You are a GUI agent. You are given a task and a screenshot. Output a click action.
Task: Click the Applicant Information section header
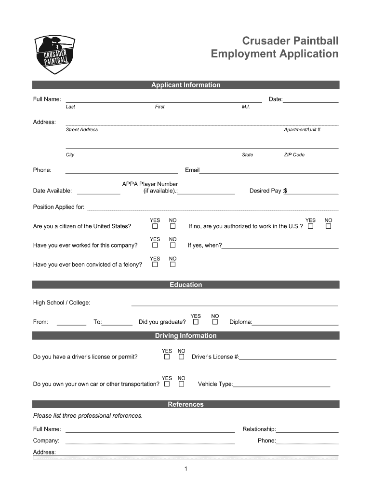click(185, 85)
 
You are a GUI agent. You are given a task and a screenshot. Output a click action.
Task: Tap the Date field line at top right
click(311, 102)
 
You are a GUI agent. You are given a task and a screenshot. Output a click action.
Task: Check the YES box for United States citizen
click(155, 226)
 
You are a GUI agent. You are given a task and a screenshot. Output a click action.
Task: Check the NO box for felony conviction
click(172, 264)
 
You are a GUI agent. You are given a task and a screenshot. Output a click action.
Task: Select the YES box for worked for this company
click(155, 245)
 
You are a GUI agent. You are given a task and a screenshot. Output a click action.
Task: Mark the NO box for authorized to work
click(329, 226)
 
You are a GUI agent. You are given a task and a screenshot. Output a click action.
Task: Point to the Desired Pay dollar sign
click(285, 191)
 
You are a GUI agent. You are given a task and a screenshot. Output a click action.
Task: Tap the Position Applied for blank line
click(212, 210)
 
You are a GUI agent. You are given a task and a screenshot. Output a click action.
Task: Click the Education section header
click(185, 285)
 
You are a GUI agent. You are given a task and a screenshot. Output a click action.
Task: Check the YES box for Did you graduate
click(196, 322)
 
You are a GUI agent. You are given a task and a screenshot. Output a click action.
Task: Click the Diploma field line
click(295, 324)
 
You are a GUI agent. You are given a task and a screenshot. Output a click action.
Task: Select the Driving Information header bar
click(185, 336)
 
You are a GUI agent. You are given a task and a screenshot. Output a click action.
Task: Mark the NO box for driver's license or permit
click(181, 357)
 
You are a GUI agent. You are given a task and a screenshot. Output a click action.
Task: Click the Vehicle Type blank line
click(282, 386)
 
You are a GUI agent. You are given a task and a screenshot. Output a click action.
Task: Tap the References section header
click(185, 404)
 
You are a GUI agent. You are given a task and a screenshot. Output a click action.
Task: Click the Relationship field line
click(307, 432)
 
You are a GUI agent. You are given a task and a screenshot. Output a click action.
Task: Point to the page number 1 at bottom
click(185, 468)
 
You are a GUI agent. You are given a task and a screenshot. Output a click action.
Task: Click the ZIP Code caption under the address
click(294, 155)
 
